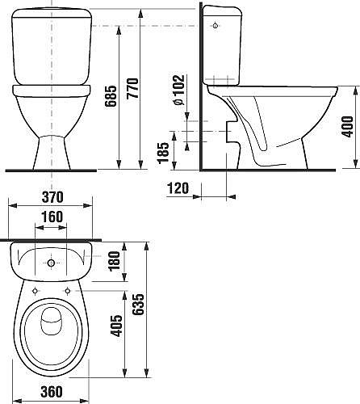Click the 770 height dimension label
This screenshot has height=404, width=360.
click(132, 88)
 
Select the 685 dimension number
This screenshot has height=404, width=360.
click(111, 96)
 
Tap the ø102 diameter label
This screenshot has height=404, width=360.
click(179, 90)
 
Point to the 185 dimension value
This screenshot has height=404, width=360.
click(163, 153)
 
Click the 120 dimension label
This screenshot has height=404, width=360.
click(178, 187)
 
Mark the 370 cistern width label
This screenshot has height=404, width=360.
click(52, 197)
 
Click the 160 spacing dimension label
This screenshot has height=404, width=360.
click(52, 217)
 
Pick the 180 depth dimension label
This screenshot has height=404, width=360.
click(114, 260)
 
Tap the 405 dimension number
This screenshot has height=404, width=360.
click(116, 326)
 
